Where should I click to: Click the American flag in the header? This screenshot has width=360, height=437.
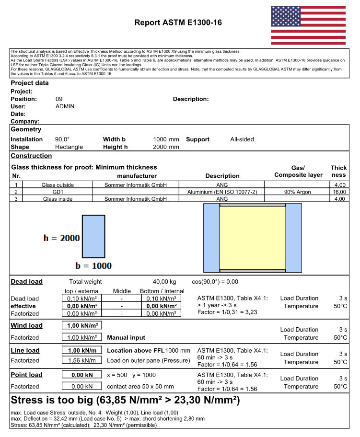pyautogui.click(x=308, y=25)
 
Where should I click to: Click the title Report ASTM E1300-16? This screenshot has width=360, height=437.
pyautogui.click(x=178, y=23)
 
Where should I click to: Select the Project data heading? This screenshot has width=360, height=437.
pyautogui.click(x=30, y=83)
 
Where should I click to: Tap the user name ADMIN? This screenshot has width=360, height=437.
pyautogui.click(x=65, y=106)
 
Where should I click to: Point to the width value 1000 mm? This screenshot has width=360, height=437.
pyautogui.click(x=166, y=139)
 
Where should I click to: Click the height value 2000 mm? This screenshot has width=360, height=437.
pyautogui.click(x=166, y=147)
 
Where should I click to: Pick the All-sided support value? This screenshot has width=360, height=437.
pyautogui.click(x=242, y=139)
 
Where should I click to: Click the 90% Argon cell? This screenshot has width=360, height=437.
pyautogui.click(x=297, y=192)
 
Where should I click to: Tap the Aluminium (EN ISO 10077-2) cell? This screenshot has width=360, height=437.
pyautogui.click(x=222, y=192)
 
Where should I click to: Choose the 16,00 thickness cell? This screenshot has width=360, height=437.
pyautogui.click(x=339, y=192)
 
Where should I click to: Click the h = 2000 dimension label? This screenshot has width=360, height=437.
pyautogui.click(x=62, y=238)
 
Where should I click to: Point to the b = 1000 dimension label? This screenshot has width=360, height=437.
pyautogui.click(x=93, y=266)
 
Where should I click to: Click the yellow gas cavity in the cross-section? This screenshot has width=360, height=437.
pyautogui.click(x=252, y=238)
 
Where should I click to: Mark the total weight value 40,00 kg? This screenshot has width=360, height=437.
pyautogui.click(x=164, y=282)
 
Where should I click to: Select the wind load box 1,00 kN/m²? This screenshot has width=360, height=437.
pyautogui.click(x=81, y=325)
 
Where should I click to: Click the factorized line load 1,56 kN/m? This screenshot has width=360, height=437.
pyautogui.click(x=81, y=361)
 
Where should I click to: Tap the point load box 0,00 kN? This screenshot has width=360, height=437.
pyautogui.click(x=81, y=375)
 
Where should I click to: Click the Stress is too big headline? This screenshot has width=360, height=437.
pyautogui.click(x=125, y=400)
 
